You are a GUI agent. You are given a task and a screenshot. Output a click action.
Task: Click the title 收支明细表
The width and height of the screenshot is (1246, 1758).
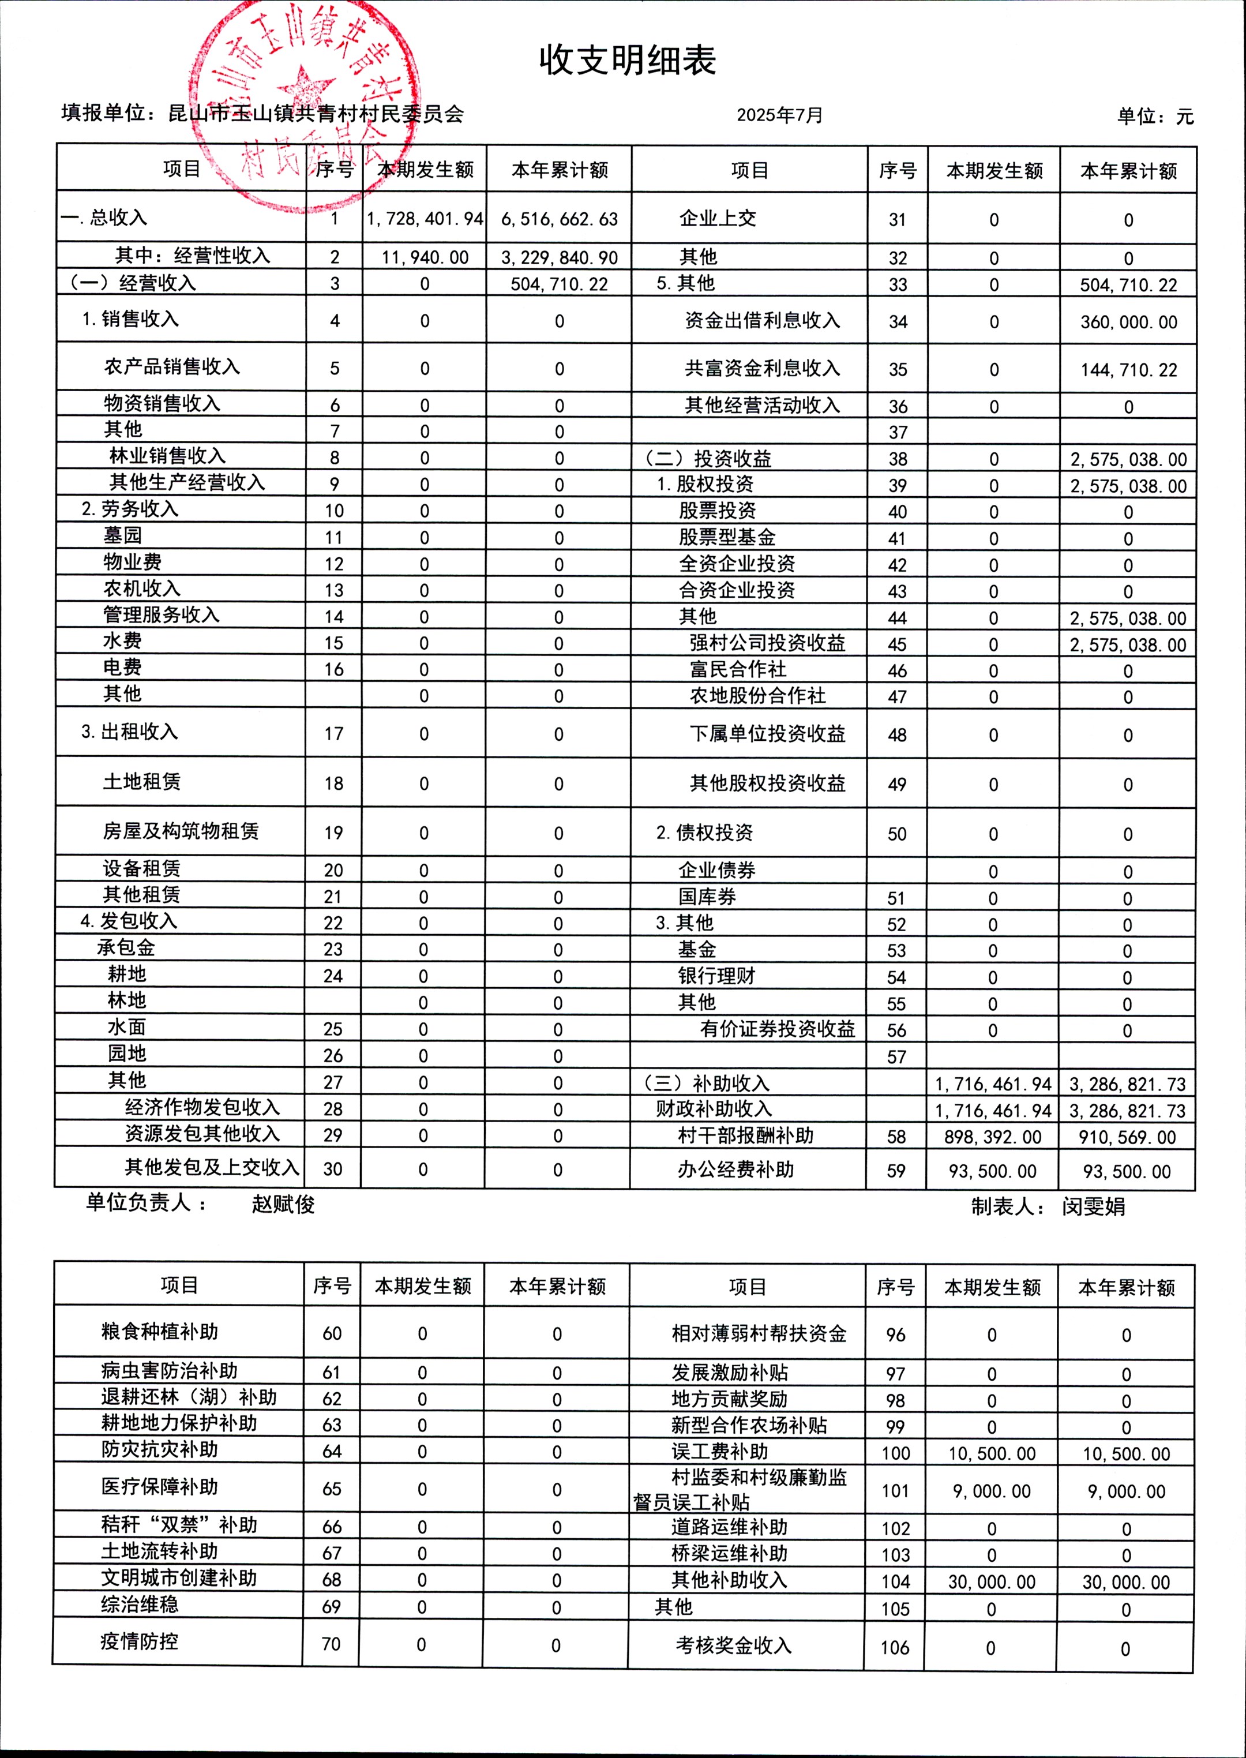pyautogui.click(x=627, y=61)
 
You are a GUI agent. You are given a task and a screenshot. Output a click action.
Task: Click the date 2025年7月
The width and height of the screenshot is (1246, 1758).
pyautogui.click(x=779, y=115)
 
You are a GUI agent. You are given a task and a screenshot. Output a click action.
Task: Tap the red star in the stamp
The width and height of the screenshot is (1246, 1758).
pyautogui.click(x=305, y=87)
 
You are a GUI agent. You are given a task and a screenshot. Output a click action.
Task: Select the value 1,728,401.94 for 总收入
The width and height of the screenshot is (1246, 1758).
pyautogui.click(x=425, y=219)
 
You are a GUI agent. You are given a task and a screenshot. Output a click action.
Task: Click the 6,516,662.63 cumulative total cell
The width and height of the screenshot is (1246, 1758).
pyautogui.click(x=560, y=219)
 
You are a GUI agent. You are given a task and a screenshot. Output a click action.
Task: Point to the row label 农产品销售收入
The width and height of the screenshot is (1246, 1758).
pyautogui.click(x=172, y=367)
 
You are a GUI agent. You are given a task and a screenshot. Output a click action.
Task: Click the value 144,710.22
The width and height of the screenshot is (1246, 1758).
pyautogui.click(x=1128, y=370)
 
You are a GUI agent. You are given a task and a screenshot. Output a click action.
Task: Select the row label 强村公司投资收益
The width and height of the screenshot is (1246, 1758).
pyautogui.click(x=767, y=643)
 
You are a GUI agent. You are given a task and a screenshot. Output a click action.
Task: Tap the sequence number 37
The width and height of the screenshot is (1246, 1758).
pyautogui.click(x=898, y=432)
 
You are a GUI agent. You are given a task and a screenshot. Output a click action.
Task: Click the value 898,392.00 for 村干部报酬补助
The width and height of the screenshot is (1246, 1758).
pyautogui.click(x=992, y=1137)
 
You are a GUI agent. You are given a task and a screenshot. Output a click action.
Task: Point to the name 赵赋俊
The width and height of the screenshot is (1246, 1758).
pyautogui.click(x=283, y=1204)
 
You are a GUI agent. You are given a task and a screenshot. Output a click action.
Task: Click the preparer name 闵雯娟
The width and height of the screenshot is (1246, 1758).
pyautogui.click(x=1093, y=1206)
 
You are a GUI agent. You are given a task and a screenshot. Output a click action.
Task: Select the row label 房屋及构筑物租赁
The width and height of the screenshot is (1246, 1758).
pyautogui.click(x=181, y=831)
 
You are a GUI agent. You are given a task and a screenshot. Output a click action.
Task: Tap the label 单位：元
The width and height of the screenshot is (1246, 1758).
pyautogui.click(x=1155, y=117)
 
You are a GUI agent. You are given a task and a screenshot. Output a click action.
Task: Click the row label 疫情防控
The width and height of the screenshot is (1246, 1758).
pyautogui.click(x=139, y=1641)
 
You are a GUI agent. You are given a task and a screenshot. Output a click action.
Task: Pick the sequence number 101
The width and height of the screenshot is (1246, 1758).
pyautogui.click(x=895, y=1491)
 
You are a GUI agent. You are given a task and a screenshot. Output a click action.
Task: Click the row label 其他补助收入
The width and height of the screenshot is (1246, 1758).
pyautogui.click(x=729, y=1580)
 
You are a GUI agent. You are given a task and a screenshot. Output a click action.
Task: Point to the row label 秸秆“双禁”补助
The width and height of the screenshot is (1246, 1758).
pyautogui.click(x=179, y=1525)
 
